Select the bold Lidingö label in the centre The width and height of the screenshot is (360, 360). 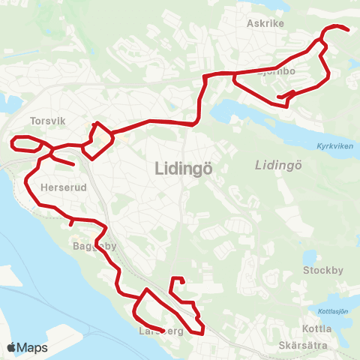pyautogui.click(x=183, y=169)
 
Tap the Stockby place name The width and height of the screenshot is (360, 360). pyautogui.click(x=321, y=270)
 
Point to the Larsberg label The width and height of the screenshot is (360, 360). pyautogui.click(x=160, y=330)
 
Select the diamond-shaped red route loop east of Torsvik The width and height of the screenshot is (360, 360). pyautogui.click(x=97, y=140)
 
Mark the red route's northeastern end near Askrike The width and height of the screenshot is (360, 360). pyautogui.click(x=347, y=30)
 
